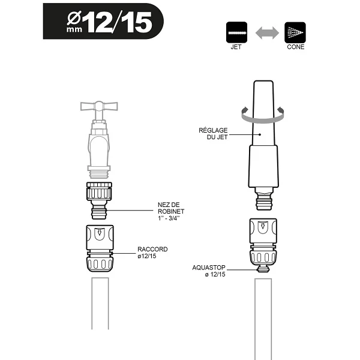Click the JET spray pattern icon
tap(236, 32)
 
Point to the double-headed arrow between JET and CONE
tap(265, 32)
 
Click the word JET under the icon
tap(236, 47)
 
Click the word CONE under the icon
tap(295, 47)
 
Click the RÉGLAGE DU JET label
tap(214, 133)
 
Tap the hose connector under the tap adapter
tap(100, 249)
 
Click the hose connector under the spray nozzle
tap(262, 243)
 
